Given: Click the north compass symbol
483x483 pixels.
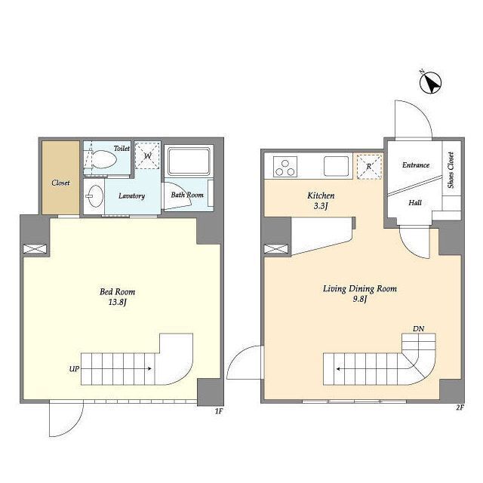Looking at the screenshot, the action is pyautogui.click(x=430, y=82).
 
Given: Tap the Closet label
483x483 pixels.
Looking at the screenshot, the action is pyautogui.click(x=60, y=183).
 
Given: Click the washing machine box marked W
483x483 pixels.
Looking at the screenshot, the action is pyautogui.click(x=148, y=155).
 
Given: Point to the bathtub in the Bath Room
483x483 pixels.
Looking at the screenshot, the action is pyautogui.click(x=189, y=162).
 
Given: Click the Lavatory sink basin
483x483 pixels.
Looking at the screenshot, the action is pyautogui.click(x=94, y=196).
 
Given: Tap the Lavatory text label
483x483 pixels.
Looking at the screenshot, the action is pyautogui.click(x=131, y=196).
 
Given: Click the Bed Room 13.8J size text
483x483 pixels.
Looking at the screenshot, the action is pyautogui.click(x=118, y=303).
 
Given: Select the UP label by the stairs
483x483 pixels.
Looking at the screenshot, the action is pyautogui.click(x=74, y=368).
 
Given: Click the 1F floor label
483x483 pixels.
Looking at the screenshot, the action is pyautogui.click(x=219, y=411).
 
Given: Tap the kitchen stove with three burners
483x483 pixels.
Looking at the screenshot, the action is pyautogui.click(x=285, y=167).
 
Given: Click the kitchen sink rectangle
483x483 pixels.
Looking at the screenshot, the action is pyautogui.click(x=336, y=166).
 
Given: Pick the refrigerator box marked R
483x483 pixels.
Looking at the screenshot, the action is pyautogui.click(x=369, y=167).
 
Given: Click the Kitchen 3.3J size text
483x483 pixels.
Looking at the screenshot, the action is pyautogui.click(x=320, y=206).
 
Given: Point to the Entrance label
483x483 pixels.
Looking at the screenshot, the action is pyautogui.click(x=416, y=165).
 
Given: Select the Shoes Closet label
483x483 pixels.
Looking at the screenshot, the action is pyautogui.click(x=451, y=170).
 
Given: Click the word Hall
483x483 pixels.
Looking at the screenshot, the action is pyautogui.click(x=415, y=202).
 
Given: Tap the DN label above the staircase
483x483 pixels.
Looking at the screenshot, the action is pyautogui.click(x=418, y=329).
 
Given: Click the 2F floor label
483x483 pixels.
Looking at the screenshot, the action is pyautogui.click(x=460, y=408).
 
